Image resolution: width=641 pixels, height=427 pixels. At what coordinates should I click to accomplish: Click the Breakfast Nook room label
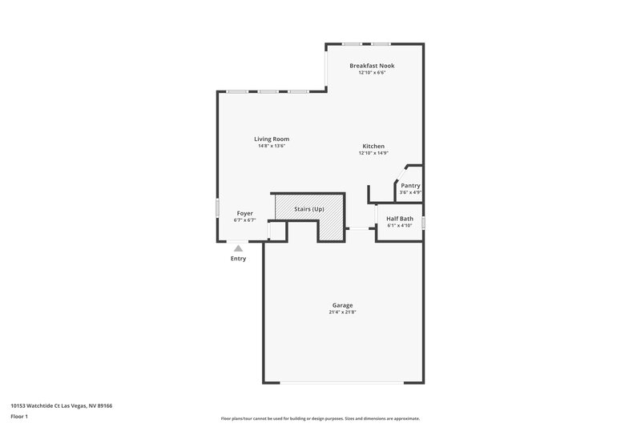click(372, 66)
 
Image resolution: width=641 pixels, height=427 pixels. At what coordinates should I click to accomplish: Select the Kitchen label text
click(373, 146)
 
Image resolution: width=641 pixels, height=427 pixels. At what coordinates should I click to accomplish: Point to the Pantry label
click(410, 186)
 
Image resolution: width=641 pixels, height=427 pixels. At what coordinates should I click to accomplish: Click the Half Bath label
click(400, 219)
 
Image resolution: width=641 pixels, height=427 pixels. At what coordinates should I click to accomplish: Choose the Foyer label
click(244, 213)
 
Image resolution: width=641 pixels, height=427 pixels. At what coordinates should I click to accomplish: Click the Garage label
click(342, 305)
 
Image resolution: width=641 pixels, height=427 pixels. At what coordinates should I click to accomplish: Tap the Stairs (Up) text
click(308, 209)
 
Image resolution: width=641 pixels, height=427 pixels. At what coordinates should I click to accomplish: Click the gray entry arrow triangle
click(238, 249)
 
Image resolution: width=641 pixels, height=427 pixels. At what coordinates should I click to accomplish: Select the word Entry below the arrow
click(238, 259)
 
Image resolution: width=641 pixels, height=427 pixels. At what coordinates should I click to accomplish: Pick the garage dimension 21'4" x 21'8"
click(342, 312)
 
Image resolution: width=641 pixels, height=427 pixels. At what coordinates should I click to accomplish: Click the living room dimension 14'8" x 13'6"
click(272, 147)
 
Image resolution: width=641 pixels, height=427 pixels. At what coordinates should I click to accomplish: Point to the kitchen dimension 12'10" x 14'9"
click(373, 153)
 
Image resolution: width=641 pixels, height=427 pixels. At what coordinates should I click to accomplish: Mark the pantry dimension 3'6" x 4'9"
click(410, 192)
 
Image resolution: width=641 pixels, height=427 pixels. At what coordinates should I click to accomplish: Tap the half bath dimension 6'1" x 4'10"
click(400, 226)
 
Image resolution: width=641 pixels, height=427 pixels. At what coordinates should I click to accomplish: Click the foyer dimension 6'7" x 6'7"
click(244, 220)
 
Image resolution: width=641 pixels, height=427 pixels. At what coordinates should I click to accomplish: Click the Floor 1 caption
click(20, 417)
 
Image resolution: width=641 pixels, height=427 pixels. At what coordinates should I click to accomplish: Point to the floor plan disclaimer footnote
click(320, 418)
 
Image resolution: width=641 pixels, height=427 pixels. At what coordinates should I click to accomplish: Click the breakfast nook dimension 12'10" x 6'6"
click(372, 73)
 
